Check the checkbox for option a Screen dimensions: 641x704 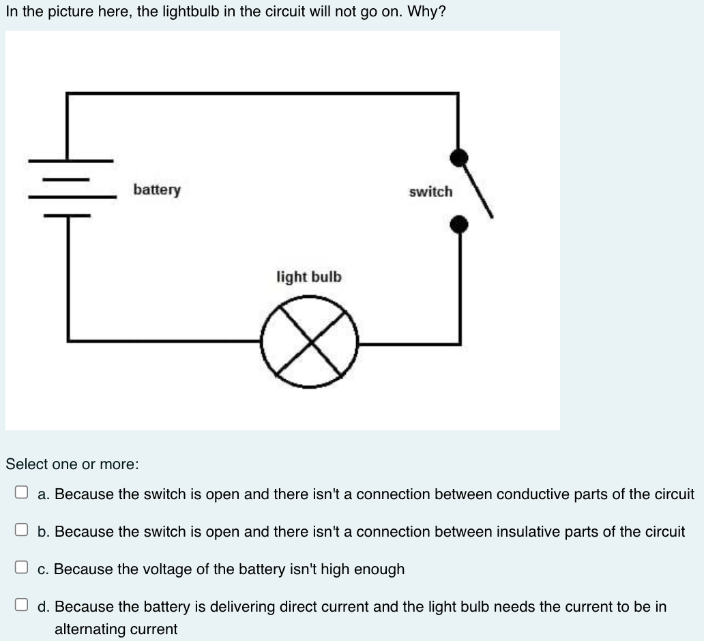23,493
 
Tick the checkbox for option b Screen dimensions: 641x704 23,531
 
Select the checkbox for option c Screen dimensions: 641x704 23,568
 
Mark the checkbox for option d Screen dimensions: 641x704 23,606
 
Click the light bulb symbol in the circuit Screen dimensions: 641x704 309,342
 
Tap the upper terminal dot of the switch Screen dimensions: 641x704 460,158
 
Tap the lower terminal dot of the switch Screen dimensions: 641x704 460,224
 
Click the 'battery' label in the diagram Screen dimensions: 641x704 157,190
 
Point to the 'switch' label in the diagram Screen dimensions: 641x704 430,192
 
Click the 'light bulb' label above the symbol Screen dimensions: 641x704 309,277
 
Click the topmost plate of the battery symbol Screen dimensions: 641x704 70,162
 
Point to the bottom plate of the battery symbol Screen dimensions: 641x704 68,215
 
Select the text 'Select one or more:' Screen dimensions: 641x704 72,464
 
